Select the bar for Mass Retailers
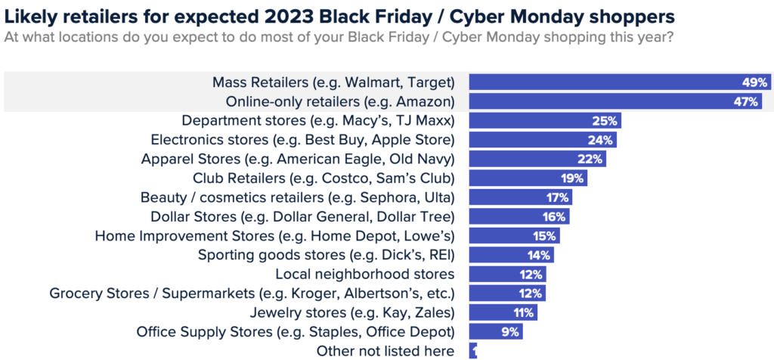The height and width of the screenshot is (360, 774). point(605,82)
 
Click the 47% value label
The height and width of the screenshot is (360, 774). point(749,101)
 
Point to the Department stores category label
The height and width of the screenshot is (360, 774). point(318,120)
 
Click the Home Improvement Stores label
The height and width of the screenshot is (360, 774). point(274,235)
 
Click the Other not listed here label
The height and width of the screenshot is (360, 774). point(386,351)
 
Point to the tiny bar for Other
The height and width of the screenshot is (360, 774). point(473,351)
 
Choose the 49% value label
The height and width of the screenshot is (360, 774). point(755,82)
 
